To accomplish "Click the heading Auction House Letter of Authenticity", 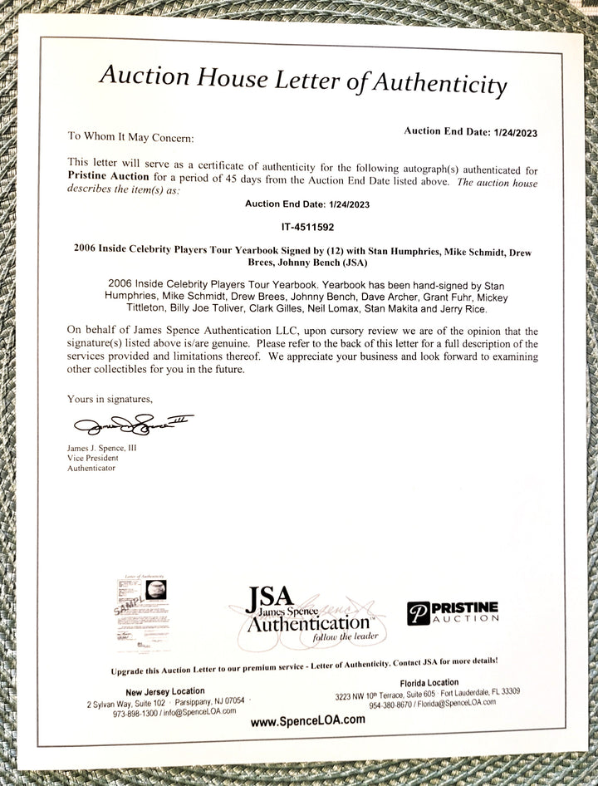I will click(x=302, y=80).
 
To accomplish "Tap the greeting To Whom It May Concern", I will click(x=130, y=136).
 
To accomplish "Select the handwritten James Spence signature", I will click(x=133, y=426).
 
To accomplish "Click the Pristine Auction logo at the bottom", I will click(x=453, y=613).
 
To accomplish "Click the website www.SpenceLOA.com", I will click(x=307, y=720).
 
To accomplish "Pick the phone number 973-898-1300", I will click(x=138, y=713).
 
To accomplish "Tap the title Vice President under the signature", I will click(x=93, y=458).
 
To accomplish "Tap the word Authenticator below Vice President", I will click(x=93, y=469).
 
